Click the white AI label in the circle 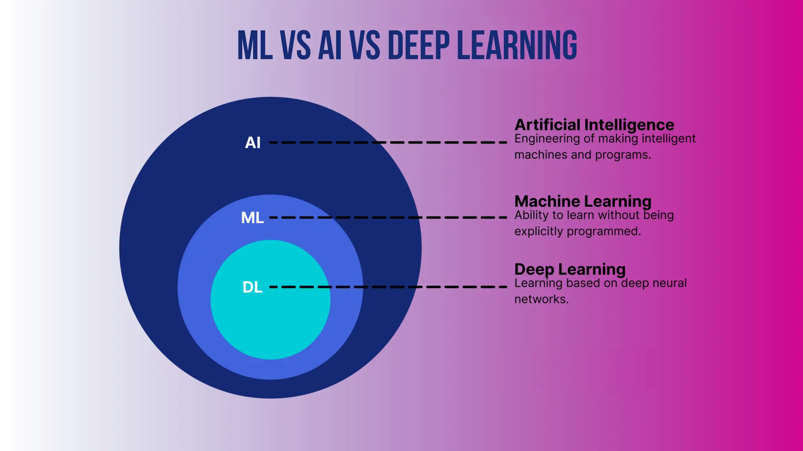coord(253,143)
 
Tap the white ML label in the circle coord(252,218)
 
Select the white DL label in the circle coord(252,287)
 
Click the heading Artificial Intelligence coord(594,125)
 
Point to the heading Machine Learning coord(583,201)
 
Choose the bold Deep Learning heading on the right coord(570,269)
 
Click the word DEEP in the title coord(418,45)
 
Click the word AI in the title coord(330,45)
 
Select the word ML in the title coord(255,45)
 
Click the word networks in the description coord(541,299)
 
